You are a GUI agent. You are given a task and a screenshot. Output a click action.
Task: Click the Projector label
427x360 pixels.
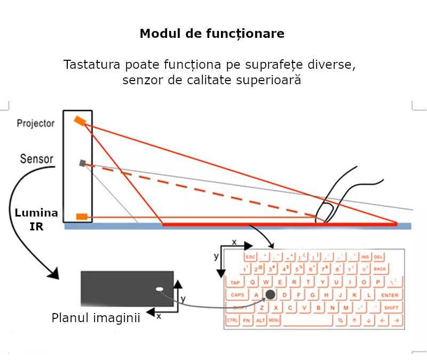35,123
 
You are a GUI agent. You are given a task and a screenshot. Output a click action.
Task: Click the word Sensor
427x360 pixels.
36,159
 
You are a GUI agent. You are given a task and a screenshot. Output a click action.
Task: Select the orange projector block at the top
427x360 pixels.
80,121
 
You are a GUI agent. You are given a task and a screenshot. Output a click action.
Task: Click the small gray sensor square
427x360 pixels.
82,163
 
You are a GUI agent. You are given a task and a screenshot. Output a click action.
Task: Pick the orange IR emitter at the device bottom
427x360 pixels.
82,217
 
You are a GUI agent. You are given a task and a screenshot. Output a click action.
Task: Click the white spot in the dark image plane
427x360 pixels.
159,289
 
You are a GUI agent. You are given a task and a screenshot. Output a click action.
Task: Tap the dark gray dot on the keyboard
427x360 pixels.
271,294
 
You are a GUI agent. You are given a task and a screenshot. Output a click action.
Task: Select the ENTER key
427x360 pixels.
390,295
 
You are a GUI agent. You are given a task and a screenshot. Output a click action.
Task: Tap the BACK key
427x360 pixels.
380,269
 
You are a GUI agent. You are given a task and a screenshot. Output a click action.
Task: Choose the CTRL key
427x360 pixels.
232,321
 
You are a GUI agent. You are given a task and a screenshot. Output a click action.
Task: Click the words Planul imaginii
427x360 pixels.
96,318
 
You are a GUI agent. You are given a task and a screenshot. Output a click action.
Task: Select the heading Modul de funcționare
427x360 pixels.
212,34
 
